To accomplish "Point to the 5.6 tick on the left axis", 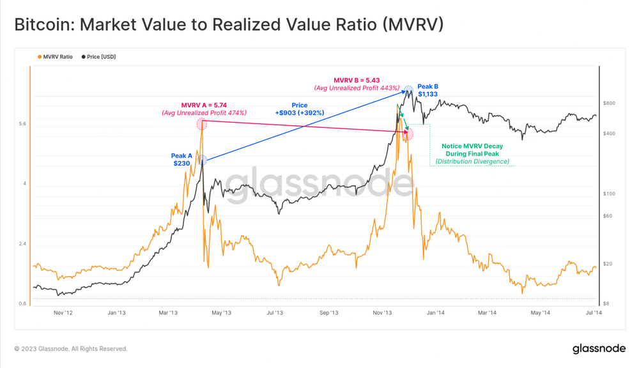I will click(x=23, y=124).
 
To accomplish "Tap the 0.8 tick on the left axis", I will click(x=23, y=303).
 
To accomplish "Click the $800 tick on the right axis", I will click(x=608, y=103).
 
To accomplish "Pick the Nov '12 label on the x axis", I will click(x=63, y=313).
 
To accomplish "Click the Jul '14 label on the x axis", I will click(x=594, y=313).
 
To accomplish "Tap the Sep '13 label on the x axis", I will click(x=328, y=313).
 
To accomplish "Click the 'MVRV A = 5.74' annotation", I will click(x=204, y=105).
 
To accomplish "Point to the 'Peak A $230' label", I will click(x=181, y=160).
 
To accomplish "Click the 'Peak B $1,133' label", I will click(x=427, y=90).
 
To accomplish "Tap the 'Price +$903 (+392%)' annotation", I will click(x=299, y=109).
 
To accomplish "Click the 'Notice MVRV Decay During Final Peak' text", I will click(x=472, y=150).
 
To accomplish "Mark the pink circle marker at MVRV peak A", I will click(x=202, y=124).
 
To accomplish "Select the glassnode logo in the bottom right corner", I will click(x=597, y=349).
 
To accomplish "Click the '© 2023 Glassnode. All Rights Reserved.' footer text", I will click(x=71, y=349).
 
